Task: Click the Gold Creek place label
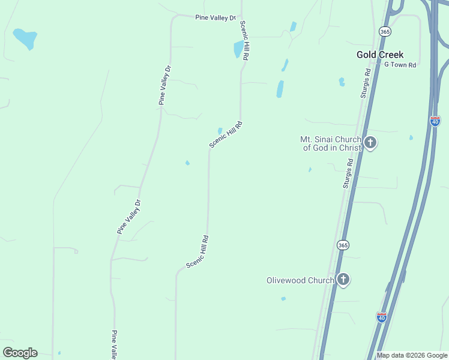tap(380, 55)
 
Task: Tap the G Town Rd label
tap(400, 65)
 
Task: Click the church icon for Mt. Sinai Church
tap(370, 143)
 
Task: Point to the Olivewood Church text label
tap(300, 280)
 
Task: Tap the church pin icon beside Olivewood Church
tap(343, 279)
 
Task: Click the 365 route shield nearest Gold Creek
tap(385, 30)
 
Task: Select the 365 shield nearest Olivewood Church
tap(342, 245)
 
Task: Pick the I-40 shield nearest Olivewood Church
tap(382, 316)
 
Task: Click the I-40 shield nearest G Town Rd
tap(435, 121)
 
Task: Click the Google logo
tap(20, 353)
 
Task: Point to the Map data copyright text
tap(412, 355)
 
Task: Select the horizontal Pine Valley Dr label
tap(215, 18)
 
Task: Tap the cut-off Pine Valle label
tap(114, 344)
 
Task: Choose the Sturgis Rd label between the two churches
tap(348, 174)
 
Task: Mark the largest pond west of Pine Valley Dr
tap(25, 38)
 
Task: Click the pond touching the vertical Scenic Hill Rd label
tap(239, 49)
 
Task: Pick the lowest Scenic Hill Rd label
tap(197, 251)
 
